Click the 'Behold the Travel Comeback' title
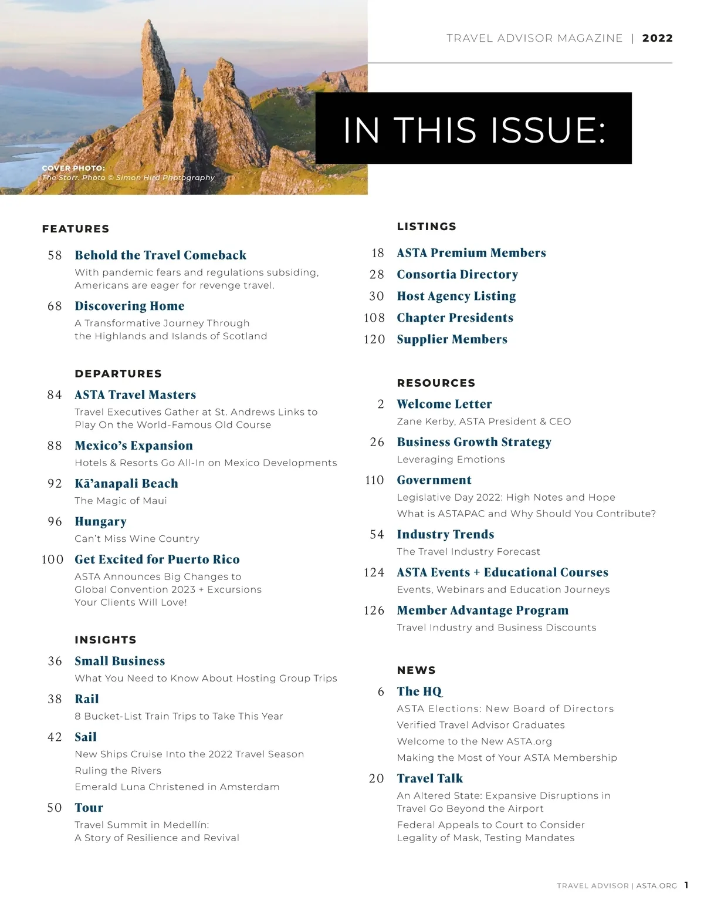click(160, 255)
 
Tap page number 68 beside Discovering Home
click(55, 306)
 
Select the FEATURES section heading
click(76, 229)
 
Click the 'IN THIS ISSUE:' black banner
click(473, 129)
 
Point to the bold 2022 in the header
click(657, 39)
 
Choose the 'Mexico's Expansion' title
click(134, 446)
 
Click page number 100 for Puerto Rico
click(52, 559)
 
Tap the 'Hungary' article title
click(100, 522)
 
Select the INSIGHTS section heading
click(106, 640)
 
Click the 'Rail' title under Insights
click(87, 699)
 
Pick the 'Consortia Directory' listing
click(457, 275)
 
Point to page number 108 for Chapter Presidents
click(374, 318)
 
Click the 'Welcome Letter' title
click(444, 404)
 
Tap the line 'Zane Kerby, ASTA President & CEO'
click(483, 421)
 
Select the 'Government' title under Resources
click(434, 480)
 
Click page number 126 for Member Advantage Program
click(374, 610)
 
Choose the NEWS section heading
click(416, 670)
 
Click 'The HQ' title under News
click(419, 692)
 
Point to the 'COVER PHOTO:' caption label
click(73, 168)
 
